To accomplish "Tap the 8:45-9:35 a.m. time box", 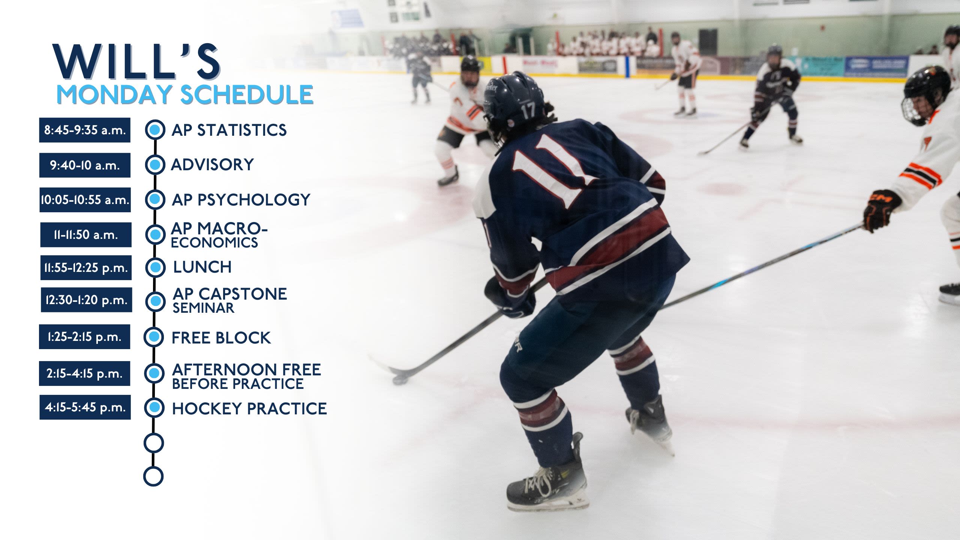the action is [85, 130].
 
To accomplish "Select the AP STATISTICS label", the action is [229, 130].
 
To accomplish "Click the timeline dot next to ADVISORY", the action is [155, 165].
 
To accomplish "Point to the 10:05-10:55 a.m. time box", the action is [85, 200].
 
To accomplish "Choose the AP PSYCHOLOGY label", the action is [241, 199].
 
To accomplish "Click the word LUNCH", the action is [202, 267].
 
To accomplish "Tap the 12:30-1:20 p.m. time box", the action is [86, 300].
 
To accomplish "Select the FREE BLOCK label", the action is [221, 337].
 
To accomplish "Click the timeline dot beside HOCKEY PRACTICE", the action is [154, 408].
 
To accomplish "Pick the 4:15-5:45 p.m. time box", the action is [85, 407].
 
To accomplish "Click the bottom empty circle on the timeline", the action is [153, 476].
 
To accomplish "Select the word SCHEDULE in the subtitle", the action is [247, 94].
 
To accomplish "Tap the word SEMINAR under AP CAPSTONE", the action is [203, 308].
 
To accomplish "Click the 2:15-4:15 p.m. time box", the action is [84, 373].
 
